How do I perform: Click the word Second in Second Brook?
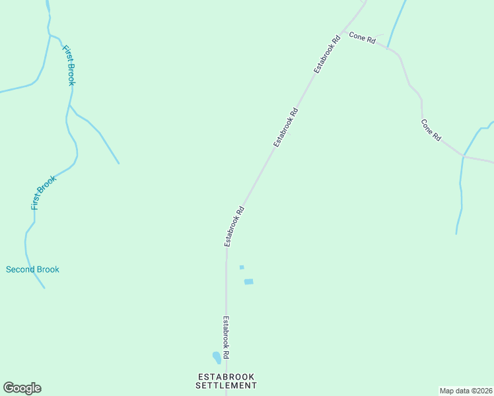point(20,269)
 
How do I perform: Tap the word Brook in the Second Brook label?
point(48,269)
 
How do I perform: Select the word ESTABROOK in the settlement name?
point(227,376)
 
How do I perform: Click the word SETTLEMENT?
point(227,385)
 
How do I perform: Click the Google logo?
point(22,388)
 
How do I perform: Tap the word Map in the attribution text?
point(447,391)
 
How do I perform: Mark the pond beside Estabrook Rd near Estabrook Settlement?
point(216,358)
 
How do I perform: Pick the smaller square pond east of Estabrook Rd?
point(242,267)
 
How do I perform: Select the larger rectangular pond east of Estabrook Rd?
point(248,282)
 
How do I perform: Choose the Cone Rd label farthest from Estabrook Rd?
point(431,129)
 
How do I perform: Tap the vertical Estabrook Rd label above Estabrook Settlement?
point(225,337)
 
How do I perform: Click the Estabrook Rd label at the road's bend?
point(234,226)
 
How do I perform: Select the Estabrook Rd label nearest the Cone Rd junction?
point(327,53)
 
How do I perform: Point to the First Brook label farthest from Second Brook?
point(69,65)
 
